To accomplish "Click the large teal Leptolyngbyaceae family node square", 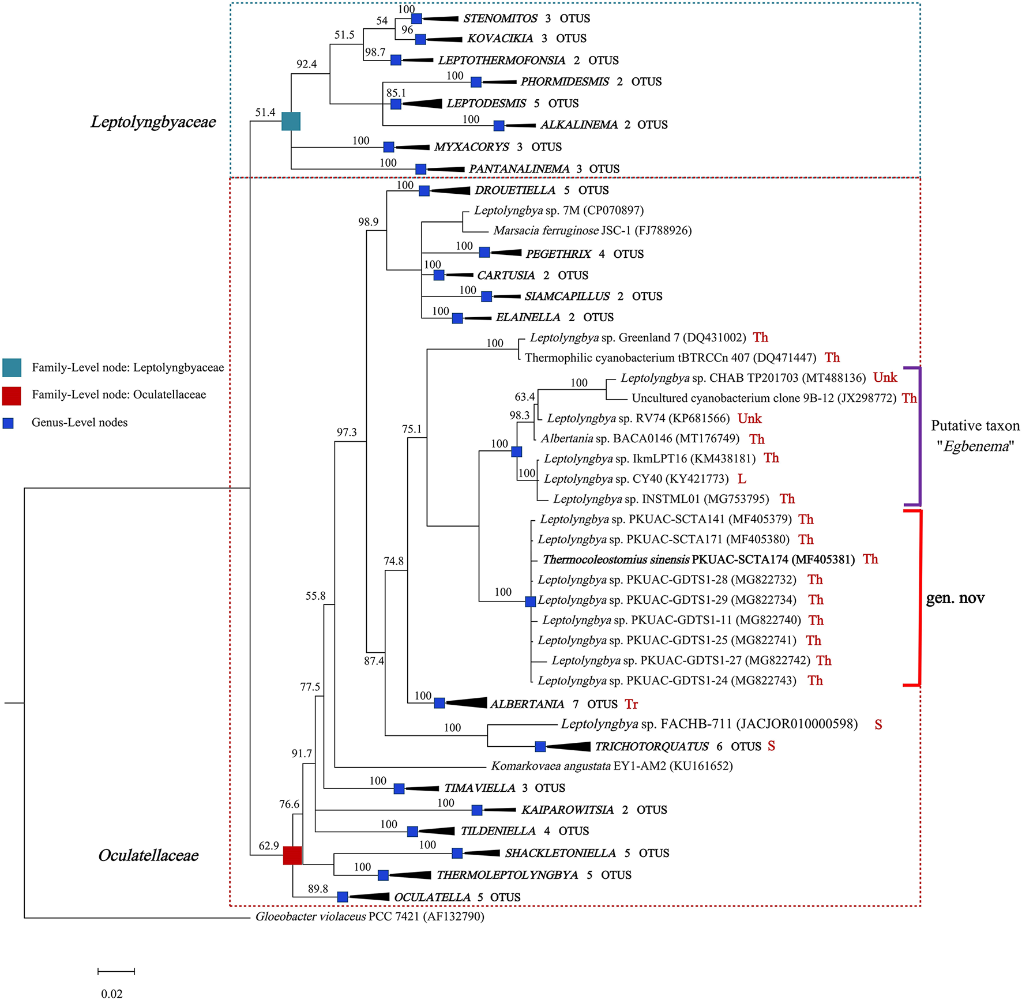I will tap(291, 121).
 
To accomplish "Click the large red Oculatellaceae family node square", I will tap(292, 855).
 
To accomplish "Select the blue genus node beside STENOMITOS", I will tap(416, 19).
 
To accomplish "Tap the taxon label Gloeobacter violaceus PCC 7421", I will tap(370, 916).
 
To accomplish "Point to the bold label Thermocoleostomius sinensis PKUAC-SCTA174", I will tap(698, 559).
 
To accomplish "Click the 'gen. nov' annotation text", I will tap(955, 599).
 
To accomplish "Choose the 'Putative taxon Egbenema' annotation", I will tap(975, 436).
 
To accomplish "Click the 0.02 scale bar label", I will tap(112, 994).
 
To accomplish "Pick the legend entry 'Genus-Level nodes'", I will tap(80, 423).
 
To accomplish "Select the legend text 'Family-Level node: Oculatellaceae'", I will tap(119, 395).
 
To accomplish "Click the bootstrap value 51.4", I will tap(265, 112).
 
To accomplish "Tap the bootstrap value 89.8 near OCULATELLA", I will tap(318, 889).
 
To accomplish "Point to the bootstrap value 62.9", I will tap(269, 846).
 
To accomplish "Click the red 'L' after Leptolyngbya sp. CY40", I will tap(742, 479).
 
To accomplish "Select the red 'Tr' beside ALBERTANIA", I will tap(631, 704).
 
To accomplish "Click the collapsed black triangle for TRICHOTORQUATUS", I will tap(568, 746).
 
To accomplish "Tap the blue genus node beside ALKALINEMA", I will tap(499, 125).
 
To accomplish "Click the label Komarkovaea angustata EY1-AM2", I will tap(611, 766).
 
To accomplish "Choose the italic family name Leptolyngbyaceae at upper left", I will tap(153, 122).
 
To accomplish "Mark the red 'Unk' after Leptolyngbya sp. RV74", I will tap(749, 419).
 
